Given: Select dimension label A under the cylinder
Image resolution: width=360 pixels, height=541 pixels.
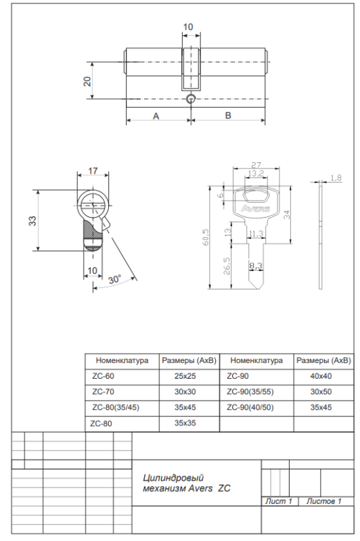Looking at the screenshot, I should coord(156,116).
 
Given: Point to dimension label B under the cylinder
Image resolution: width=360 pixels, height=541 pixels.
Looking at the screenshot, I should coord(228,116).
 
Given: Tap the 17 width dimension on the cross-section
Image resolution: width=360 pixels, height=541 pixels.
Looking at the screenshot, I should coord(93,171).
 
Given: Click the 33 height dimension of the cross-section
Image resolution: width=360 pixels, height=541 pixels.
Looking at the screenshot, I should coord(32,220).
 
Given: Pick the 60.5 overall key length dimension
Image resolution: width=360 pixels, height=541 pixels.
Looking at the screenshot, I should coord(204,238).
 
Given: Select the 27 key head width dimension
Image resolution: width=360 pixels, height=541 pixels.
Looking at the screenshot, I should coord(256,164).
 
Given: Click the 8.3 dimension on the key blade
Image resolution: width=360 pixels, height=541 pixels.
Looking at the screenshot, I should coord(256,266).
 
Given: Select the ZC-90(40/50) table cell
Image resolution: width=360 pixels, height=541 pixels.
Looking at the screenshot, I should coord(250,408).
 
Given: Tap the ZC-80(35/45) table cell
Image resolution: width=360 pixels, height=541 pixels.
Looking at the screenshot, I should coord(115,408).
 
